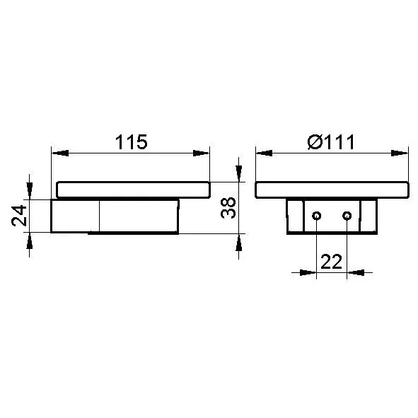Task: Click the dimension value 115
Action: tap(131, 142)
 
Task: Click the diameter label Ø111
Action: tap(331, 142)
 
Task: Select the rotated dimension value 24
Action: tap(20, 216)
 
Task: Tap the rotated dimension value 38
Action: tap(228, 208)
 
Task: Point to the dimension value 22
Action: tap(331, 262)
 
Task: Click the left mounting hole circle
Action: tap(316, 216)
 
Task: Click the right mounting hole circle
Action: tap(347, 216)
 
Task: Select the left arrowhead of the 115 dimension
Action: tap(60, 153)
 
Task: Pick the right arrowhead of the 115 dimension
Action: tap(201, 153)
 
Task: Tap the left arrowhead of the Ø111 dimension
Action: tap(265, 153)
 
